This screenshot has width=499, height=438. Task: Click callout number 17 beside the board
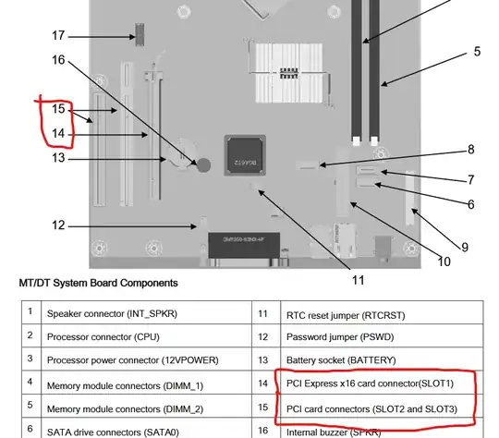[58, 35]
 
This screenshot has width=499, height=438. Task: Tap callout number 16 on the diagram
[58, 59]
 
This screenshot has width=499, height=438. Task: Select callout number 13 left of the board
[58, 158]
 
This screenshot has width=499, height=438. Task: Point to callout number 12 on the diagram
[58, 225]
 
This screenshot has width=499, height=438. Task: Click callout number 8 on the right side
[471, 150]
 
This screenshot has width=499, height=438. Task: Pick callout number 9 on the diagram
[465, 248]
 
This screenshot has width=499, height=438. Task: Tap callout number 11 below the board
[358, 280]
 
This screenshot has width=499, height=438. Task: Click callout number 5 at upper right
[477, 51]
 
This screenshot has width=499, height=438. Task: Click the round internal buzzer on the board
[203, 164]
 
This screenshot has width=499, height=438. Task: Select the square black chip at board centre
[245, 155]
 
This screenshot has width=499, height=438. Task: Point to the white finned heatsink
[289, 73]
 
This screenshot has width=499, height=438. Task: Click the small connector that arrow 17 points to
[140, 34]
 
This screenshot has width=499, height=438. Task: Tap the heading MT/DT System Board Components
[98, 283]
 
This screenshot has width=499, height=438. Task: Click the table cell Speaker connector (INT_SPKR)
[112, 313]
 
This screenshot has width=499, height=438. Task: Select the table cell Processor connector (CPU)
[103, 336]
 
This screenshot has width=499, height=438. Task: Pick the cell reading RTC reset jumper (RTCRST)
[346, 315]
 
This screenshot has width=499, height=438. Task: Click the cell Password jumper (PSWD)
[340, 336]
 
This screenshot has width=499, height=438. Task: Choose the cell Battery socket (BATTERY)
[341, 360]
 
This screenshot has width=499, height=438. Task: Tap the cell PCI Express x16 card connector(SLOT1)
[370, 383]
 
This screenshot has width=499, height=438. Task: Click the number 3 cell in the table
[30, 359]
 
